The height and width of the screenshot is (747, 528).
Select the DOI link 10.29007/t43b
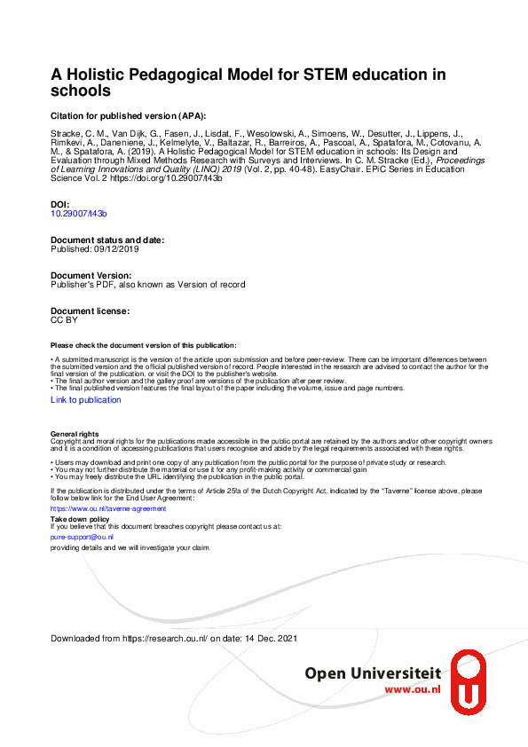click(x=79, y=214)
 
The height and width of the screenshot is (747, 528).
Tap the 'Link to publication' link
click(x=86, y=400)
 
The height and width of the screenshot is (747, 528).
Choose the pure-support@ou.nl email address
click(x=82, y=537)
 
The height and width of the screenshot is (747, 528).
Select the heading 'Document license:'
click(x=91, y=311)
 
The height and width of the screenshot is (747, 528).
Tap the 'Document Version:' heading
click(x=91, y=276)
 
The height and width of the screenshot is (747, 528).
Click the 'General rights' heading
click(x=75, y=433)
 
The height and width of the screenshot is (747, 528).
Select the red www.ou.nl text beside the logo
click(x=413, y=690)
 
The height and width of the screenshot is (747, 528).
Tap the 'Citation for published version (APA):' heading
click(x=128, y=115)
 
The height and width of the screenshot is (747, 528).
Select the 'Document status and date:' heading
click(x=107, y=240)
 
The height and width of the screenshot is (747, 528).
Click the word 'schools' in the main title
click(x=81, y=91)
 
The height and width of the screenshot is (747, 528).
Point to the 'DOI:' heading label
click(x=61, y=205)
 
